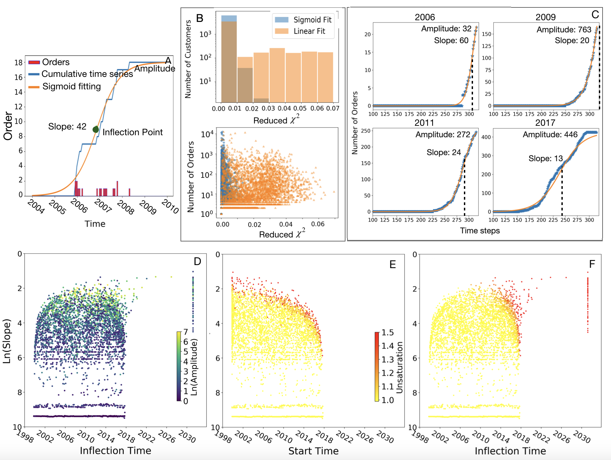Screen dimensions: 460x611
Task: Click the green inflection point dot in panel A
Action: point(96,129)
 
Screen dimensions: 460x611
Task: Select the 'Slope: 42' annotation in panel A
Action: point(67,126)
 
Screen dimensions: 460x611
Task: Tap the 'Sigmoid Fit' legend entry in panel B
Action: point(312,20)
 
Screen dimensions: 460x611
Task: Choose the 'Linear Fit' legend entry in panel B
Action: point(309,31)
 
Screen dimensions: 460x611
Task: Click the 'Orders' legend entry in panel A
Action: point(56,62)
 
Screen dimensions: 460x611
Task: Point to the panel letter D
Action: point(197,261)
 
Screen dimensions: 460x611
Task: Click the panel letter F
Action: point(592,264)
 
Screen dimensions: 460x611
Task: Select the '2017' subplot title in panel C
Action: point(545,123)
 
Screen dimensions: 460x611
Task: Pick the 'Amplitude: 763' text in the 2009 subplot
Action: point(564,30)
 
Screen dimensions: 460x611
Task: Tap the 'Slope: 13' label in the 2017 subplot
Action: point(546,159)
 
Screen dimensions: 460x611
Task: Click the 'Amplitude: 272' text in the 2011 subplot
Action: point(443,135)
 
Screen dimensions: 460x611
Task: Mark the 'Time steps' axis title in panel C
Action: point(480,231)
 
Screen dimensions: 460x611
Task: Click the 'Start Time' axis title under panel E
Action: point(313,451)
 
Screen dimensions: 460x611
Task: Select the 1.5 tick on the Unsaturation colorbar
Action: point(388,333)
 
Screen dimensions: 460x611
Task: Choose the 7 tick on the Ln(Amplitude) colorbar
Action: point(186,332)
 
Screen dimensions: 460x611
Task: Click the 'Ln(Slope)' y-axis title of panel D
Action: point(7,341)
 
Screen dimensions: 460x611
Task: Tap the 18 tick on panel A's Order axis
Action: point(18,62)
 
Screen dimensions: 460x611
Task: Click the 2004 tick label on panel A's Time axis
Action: point(36,206)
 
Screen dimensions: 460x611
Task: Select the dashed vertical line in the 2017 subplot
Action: point(562,192)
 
